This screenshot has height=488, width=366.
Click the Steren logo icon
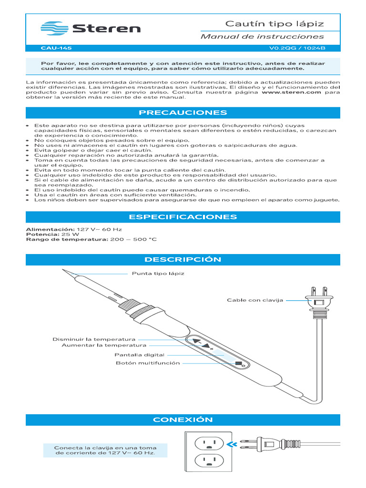(54, 28)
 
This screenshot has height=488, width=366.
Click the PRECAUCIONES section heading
(183, 113)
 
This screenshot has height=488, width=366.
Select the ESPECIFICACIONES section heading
(183, 217)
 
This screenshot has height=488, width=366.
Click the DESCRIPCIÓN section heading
(183, 260)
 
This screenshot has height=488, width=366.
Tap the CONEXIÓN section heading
(183, 420)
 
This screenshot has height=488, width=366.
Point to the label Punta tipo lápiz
(158, 274)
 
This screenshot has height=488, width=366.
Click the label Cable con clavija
(255, 300)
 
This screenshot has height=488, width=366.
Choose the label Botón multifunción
(148, 363)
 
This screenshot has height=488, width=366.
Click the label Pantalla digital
(139, 355)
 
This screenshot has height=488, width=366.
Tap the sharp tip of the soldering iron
(63, 271)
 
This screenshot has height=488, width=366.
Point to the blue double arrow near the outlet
(232, 445)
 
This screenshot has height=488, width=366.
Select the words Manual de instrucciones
(262, 37)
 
